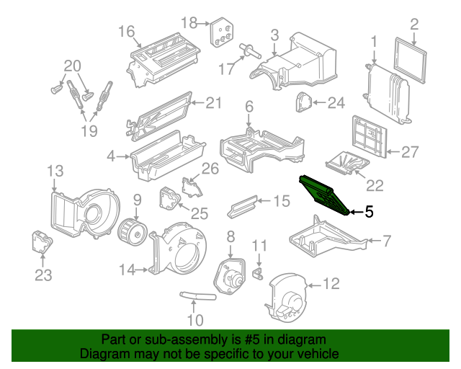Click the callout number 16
point(127,32)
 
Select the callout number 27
point(410,152)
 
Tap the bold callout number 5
point(369,212)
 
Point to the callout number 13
point(55,171)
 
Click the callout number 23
point(44,275)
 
